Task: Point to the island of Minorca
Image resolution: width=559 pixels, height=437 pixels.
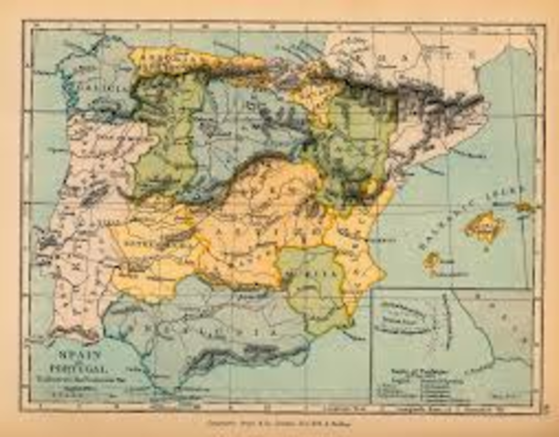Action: tap(525, 208)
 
